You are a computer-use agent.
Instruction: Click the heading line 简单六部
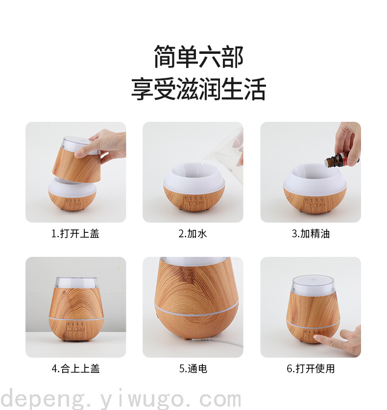point(199,56)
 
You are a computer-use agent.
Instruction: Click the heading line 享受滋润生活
point(199,89)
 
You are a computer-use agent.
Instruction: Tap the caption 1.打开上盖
point(75,233)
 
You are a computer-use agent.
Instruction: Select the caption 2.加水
point(193,233)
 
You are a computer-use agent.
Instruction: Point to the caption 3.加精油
point(311,233)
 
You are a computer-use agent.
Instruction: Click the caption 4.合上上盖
point(75,368)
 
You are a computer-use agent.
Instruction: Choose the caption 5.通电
point(193,368)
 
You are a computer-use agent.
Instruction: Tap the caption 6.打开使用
point(311,368)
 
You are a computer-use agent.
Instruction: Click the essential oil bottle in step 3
point(340,159)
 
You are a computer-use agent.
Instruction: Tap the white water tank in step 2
point(194,175)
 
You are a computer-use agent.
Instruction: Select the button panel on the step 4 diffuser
point(75,327)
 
